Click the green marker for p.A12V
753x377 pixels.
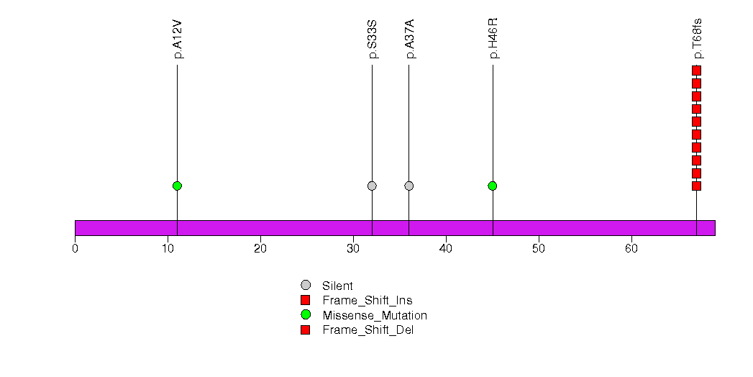177,186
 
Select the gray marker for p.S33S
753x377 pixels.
372,186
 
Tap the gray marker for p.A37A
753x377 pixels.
409,186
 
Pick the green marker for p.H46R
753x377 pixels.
493,186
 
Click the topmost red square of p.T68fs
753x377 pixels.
697,71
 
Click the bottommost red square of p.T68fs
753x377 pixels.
697,186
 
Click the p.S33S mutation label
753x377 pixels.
372,40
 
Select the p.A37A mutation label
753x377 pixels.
409,40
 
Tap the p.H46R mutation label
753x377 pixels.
493,38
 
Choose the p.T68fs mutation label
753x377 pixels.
697,39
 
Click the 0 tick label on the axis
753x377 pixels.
75,249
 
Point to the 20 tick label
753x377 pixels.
260,249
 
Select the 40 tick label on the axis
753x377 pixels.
446,249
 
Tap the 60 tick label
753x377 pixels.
631,249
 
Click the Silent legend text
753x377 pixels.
337,286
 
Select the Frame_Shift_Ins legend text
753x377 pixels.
368,301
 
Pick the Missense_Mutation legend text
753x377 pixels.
375,316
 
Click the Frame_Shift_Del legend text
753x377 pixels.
368,330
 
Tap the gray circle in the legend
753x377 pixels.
306,286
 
